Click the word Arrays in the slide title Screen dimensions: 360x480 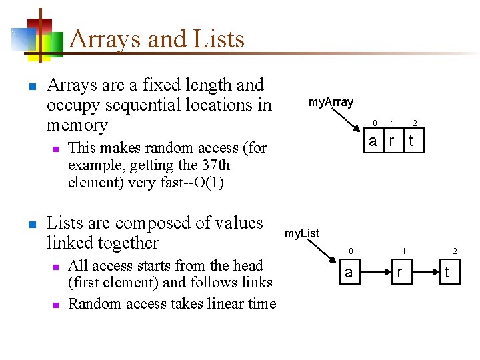point(103,39)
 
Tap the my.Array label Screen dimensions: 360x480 point(331,102)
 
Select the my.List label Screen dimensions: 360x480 point(302,233)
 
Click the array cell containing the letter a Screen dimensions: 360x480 point(373,141)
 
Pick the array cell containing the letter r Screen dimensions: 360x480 point(393,141)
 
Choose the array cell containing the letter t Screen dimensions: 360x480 point(412,141)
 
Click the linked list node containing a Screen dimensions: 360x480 point(348,272)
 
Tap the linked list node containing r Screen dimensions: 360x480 point(399,272)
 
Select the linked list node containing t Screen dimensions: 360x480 point(447,272)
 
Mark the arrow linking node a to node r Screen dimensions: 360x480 point(374,272)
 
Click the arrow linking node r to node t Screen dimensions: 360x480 point(423,272)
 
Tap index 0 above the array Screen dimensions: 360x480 point(375,123)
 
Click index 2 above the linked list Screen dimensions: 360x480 point(455,251)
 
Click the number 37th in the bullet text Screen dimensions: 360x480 point(216,165)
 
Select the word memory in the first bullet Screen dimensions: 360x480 point(77,125)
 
